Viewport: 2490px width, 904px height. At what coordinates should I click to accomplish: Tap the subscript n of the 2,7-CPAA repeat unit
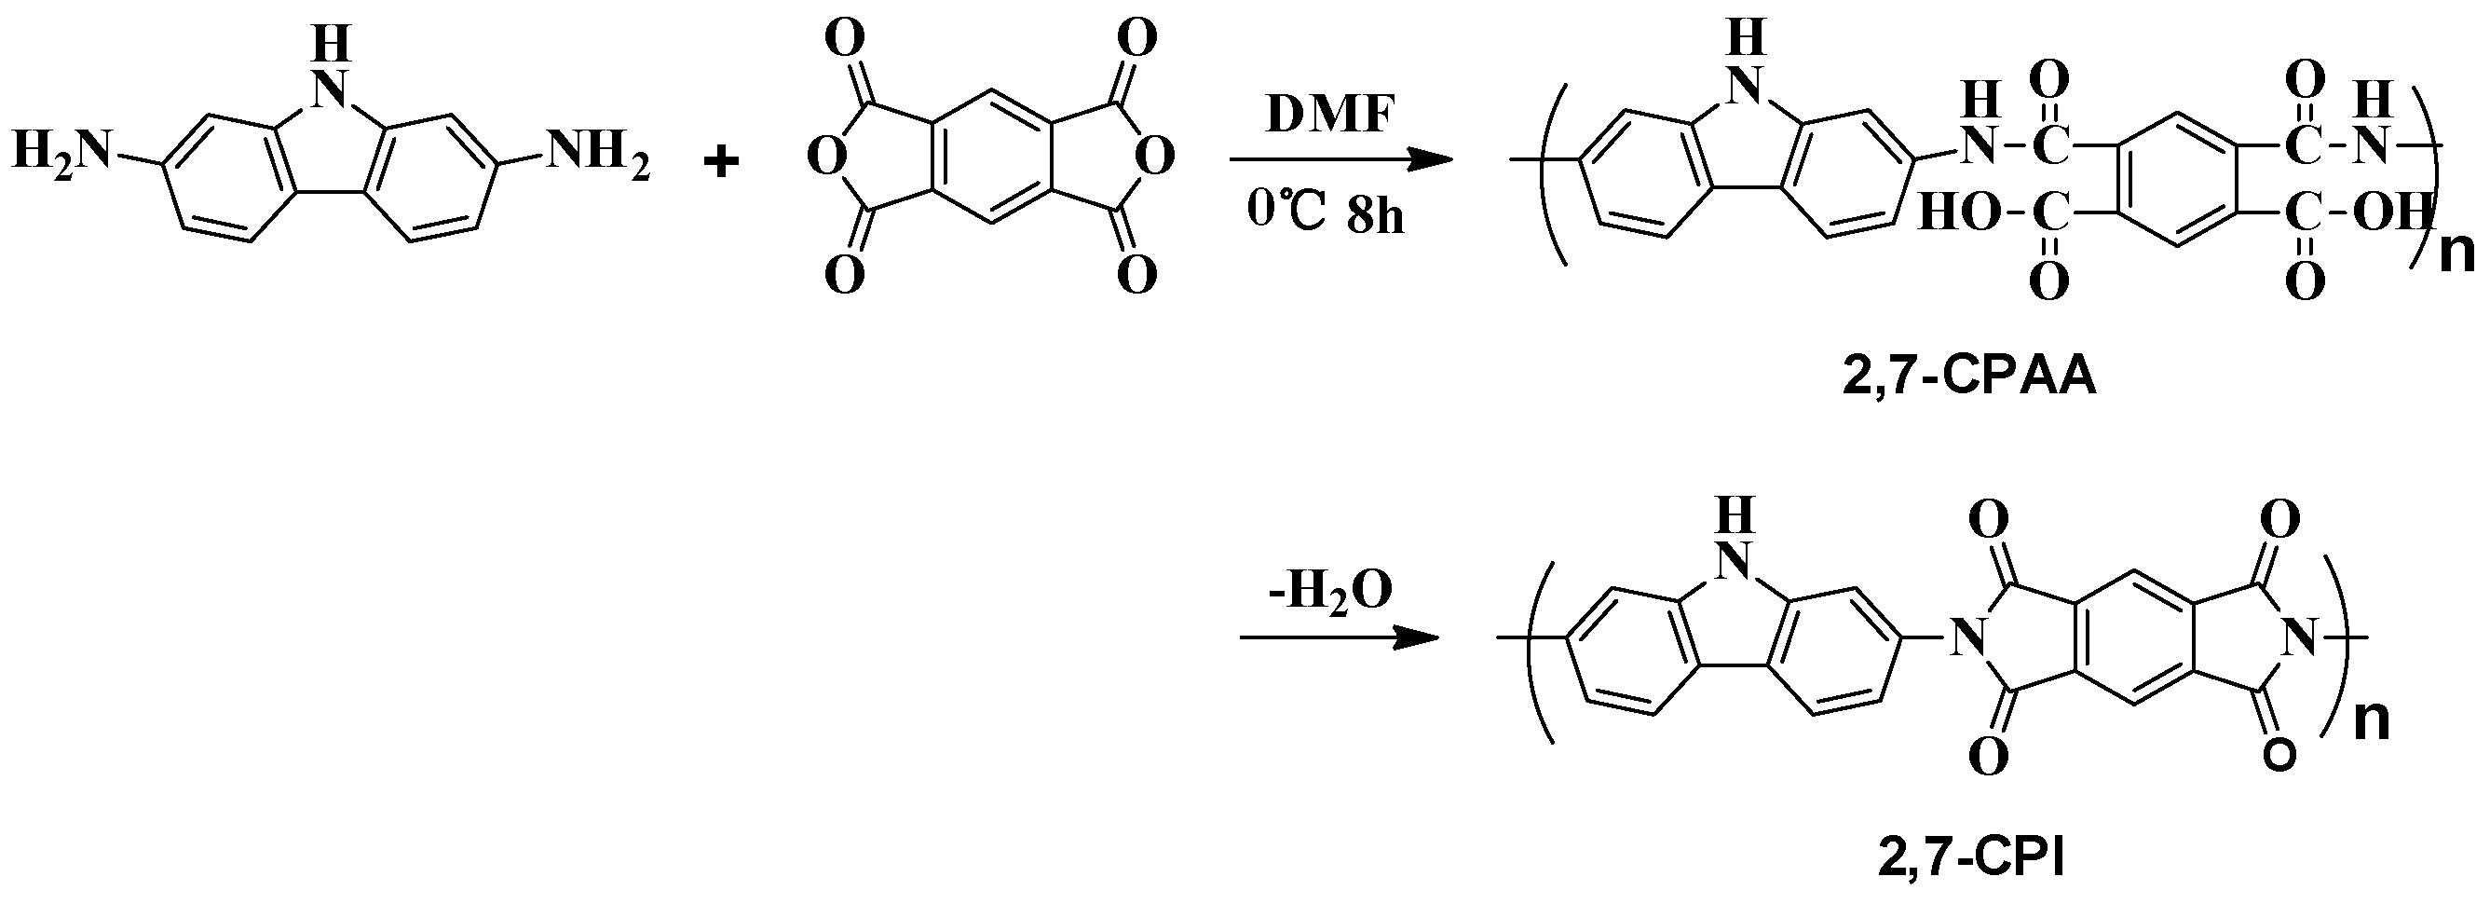[2456, 255]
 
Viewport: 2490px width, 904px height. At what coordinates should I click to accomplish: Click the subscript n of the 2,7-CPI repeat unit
[2370, 720]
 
